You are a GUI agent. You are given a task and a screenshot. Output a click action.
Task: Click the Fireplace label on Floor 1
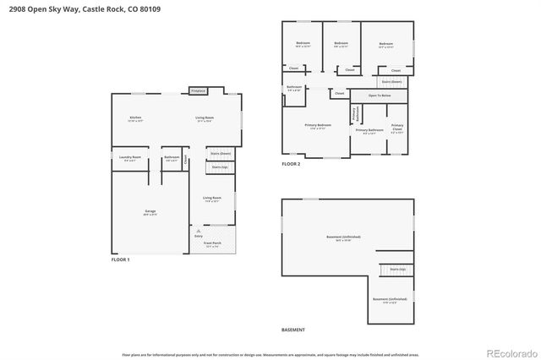click(x=198, y=90)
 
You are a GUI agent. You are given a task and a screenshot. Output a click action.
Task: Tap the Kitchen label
click(x=135, y=119)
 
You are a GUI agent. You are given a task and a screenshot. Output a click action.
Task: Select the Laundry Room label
click(x=129, y=158)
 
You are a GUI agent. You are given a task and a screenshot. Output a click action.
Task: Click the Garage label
click(x=150, y=212)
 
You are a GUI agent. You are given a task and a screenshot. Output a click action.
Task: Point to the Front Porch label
click(x=211, y=244)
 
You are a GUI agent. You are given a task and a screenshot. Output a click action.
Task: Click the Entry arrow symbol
click(x=198, y=230)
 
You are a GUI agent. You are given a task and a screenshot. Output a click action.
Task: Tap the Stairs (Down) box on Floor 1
click(x=220, y=154)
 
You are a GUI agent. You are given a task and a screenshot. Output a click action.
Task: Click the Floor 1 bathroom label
click(x=172, y=158)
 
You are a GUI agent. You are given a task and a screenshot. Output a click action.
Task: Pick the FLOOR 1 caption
click(x=121, y=260)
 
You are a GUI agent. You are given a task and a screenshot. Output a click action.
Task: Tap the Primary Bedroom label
click(x=319, y=126)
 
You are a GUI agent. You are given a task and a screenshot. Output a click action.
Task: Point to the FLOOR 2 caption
click(x=291, y=165)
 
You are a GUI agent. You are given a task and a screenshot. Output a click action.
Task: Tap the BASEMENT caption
click(x=293, y=330)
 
